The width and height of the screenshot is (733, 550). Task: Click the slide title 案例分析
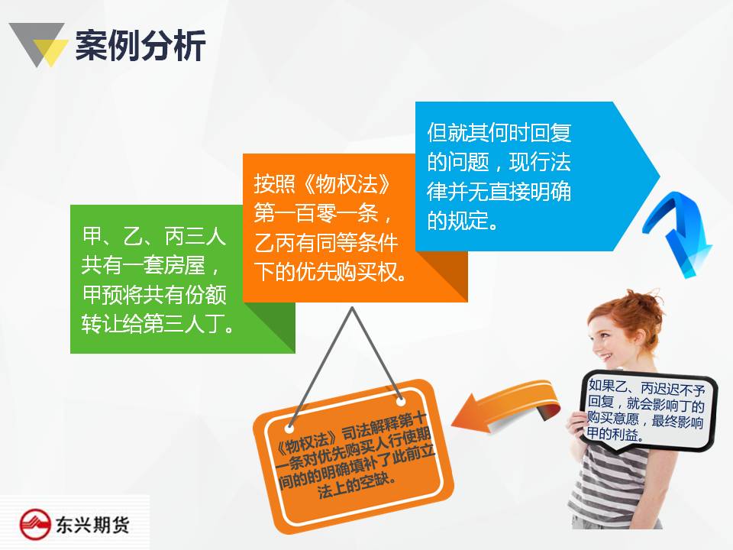click(140, 45)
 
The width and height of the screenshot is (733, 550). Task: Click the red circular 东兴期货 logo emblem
click(35, 524)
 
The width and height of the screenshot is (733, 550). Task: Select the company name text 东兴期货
click(92, 525)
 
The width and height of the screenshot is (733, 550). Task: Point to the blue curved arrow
click(678, 234)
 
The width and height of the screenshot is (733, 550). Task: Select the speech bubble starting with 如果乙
click(647, 411)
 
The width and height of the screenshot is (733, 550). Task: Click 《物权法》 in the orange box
click(347, 184)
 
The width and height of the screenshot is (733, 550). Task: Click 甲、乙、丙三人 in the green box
click(154, 236)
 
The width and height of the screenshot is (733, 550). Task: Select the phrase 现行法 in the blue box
click(540, 162)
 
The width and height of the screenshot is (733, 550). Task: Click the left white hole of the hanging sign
click(289, 428)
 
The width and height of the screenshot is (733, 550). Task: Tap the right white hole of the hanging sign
click(401, 401)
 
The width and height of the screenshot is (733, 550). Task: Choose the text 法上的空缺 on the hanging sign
click(357, 487)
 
